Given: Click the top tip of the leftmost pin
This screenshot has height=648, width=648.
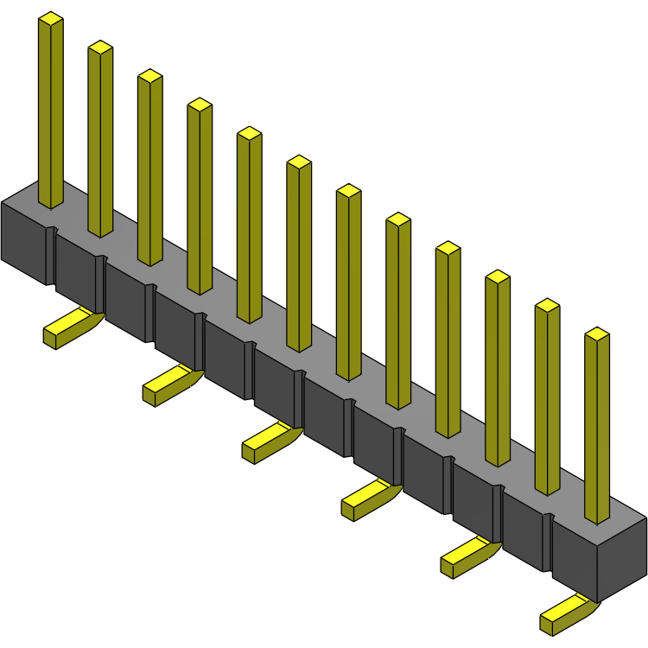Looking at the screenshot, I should (51, 18).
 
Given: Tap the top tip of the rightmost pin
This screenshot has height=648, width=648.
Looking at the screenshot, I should (597, 334).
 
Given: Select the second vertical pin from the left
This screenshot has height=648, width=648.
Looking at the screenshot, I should (100, 138).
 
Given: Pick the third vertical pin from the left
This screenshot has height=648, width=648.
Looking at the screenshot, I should (149, 168).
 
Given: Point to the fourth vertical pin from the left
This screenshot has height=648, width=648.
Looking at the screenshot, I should (200, 197).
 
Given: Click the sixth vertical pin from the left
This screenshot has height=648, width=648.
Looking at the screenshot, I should (299, 254).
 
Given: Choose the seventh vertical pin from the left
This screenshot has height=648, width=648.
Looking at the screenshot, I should (348, 283).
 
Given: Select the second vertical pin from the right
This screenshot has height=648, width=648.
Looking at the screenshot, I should (547, 397).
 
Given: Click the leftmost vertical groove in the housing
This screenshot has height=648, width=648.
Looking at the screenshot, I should (53, 255).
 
